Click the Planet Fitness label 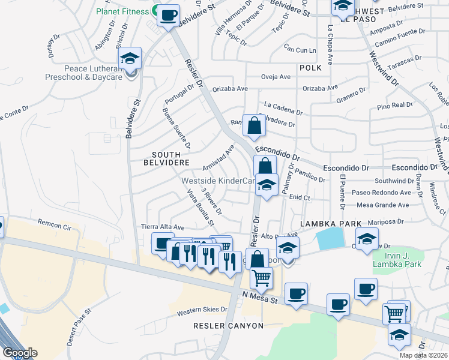click(122, 11)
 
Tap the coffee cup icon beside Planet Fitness click(169, 14)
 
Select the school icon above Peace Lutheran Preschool click(130, 59)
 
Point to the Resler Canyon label click(228, 325)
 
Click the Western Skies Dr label click(203, 310)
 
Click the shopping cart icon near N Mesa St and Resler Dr click(261, 278)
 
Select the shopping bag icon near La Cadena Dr click(254, 126)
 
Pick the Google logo click(20, 353)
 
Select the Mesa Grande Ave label click(382, 205)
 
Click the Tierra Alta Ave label click(163, 228)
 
